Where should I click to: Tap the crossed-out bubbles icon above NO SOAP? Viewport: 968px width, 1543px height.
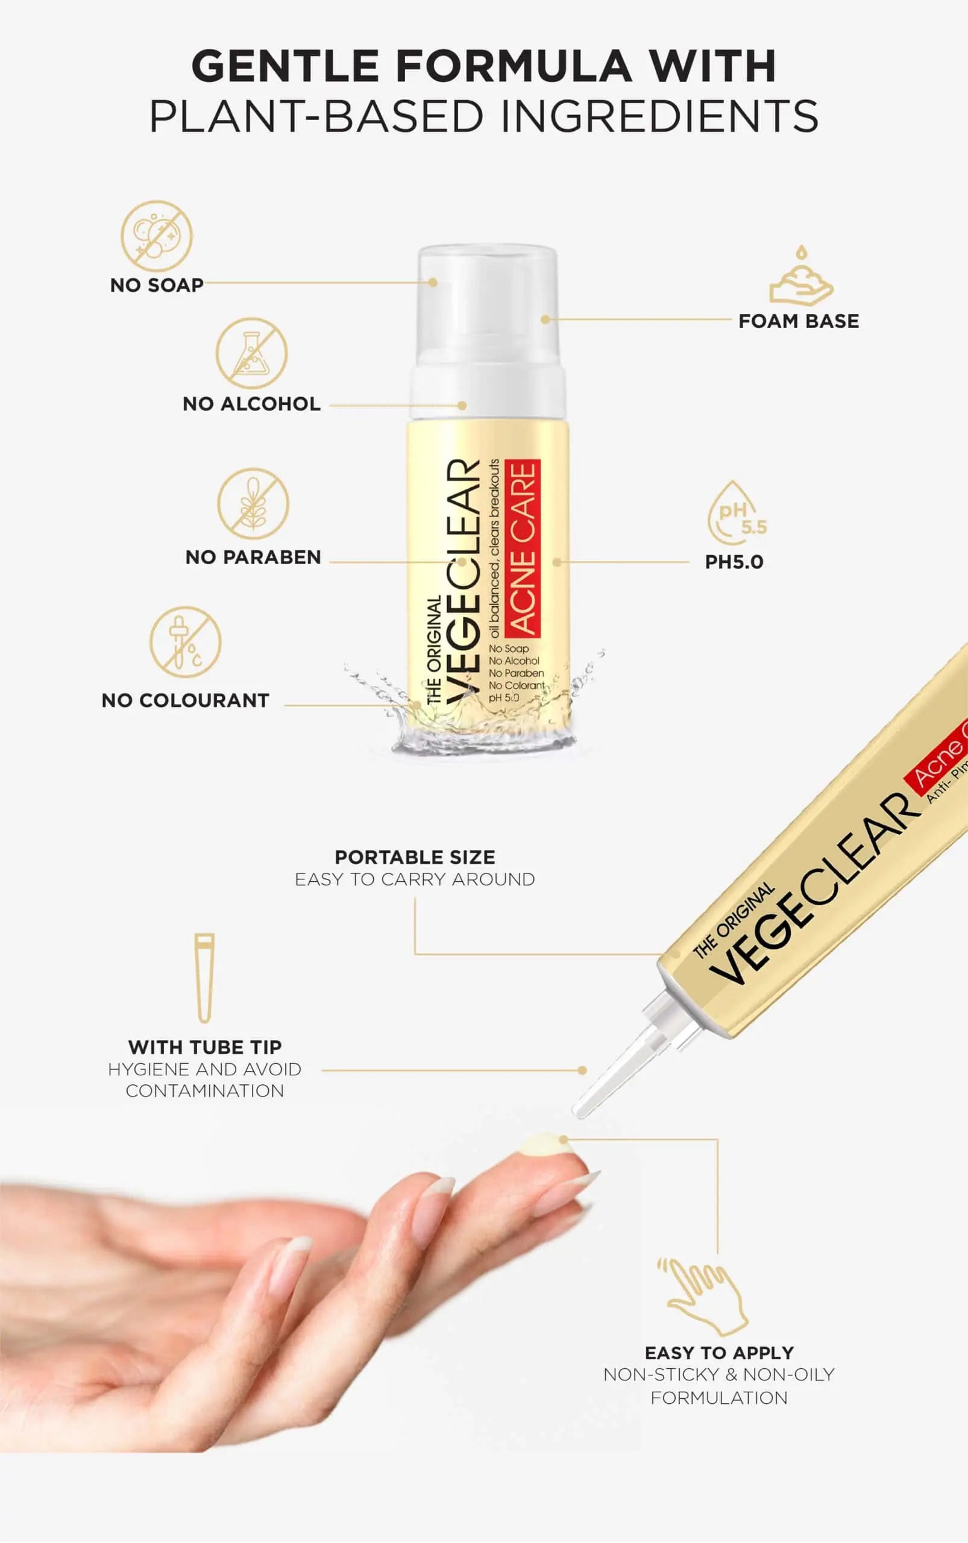click(157, 236)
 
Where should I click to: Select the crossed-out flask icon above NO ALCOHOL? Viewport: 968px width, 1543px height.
click(251, 353)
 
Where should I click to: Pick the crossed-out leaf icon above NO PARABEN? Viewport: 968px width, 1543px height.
click(253, 504)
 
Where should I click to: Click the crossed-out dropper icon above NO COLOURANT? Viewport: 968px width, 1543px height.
click(186, 641)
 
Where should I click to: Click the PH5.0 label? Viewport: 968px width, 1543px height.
click(734, 562)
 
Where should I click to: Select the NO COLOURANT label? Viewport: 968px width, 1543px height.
click(186, 700)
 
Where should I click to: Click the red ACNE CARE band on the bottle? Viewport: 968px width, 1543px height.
click(523, 548)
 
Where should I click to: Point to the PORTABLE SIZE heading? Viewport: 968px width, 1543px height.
click(415, 857)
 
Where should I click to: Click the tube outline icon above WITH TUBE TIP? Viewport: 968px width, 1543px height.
click(204, 978)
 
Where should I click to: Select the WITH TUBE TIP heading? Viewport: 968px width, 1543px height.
click(205, 1048)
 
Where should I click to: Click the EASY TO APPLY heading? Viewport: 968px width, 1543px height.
click(720, 1353)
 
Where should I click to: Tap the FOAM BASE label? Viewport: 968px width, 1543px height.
click(799, 321)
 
